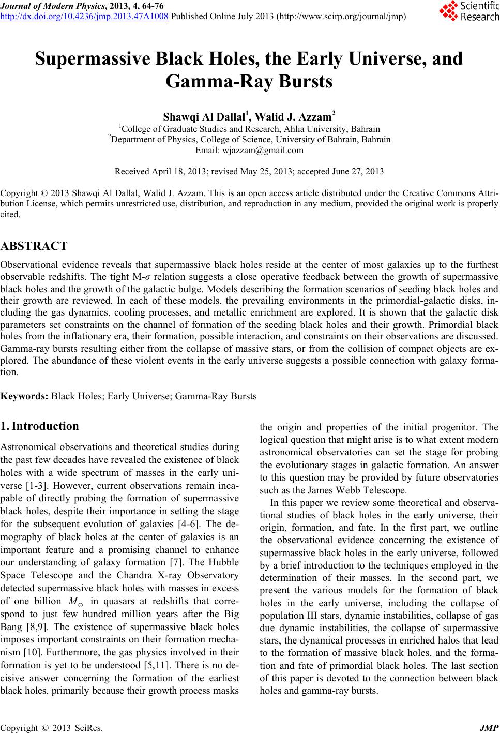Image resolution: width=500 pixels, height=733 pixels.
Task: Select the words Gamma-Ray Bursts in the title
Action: click(x=250, y=82)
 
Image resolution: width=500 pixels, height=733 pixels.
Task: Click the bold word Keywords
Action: click(x=24, y=396)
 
